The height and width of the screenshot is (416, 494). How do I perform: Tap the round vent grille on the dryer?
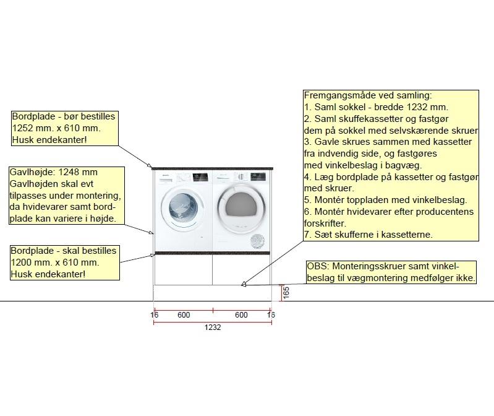pyautogui.click(x=258, y=241)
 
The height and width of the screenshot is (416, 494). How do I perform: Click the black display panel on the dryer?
pyautogui.click(x=255, y=178)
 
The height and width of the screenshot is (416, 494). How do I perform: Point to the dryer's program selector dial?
pyautogui.click(x=240, y=178)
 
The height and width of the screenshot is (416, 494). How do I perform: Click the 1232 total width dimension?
pyautogui.click(x=213, y=327)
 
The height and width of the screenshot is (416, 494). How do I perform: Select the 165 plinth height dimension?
pyautogui.click(x=286, y=292)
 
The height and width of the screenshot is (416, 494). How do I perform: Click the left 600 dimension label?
pyautogui.click(x=184, y=315)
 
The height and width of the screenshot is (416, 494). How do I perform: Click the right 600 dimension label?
pyautogui.click(x=241, y=315)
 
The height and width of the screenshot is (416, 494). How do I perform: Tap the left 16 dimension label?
pyautogui.click(x=155, y=315)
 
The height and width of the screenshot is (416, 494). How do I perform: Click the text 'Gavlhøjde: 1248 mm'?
pyautogui.click(x=54, y=172)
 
